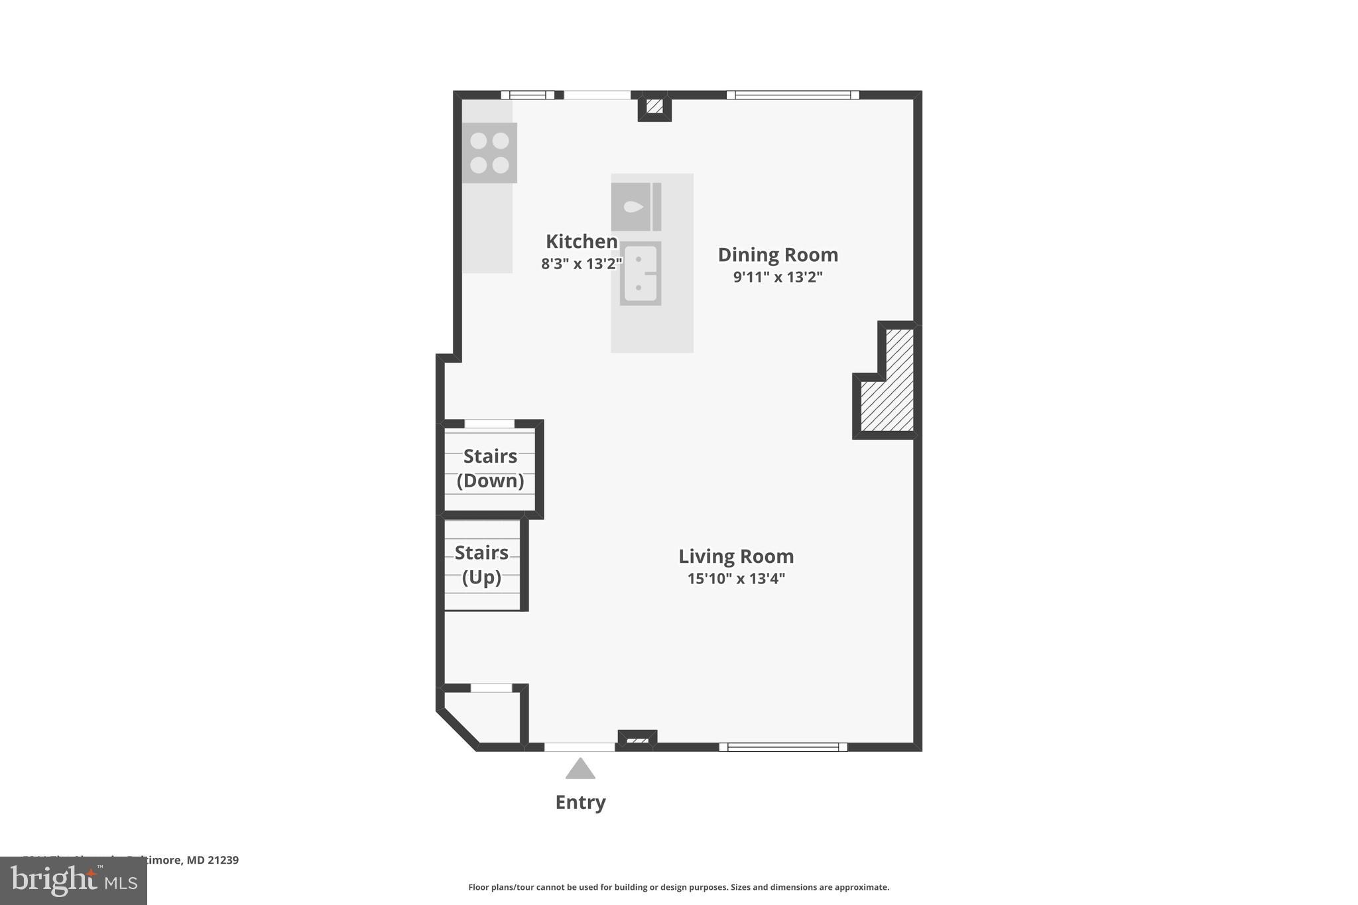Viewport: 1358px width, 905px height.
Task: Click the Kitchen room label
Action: tap(582, 241)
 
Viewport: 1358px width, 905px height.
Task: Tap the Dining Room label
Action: tap(778, 255)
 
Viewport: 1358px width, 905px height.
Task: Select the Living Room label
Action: tap(736, 556)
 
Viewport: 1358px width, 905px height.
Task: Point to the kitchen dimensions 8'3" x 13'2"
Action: tap(582, 264)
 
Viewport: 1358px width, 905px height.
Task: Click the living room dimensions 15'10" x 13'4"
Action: tap(736, 579)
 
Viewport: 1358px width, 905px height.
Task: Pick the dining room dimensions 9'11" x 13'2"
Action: tap(778, 277)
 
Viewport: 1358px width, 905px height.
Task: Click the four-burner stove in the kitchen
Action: tap(489, 153)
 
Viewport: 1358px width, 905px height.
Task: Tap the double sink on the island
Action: tap(640, 273)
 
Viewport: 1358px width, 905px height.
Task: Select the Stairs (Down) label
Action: tap(490, 468)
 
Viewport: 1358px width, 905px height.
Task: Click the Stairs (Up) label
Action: tap(481, 564)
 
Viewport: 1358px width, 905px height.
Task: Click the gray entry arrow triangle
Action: tap(580, 770)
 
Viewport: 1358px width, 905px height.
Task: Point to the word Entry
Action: tap(580, 802)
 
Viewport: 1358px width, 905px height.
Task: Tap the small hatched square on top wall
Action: tap(654, 106)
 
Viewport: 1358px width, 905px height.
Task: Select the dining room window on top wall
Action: tap(792, 95)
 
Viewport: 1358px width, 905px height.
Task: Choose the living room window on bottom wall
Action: tap(783, 747)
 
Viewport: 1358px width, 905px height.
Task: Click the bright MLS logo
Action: tap(73, 880)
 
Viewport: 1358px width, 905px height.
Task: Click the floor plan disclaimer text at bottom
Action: tap(678, 887)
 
